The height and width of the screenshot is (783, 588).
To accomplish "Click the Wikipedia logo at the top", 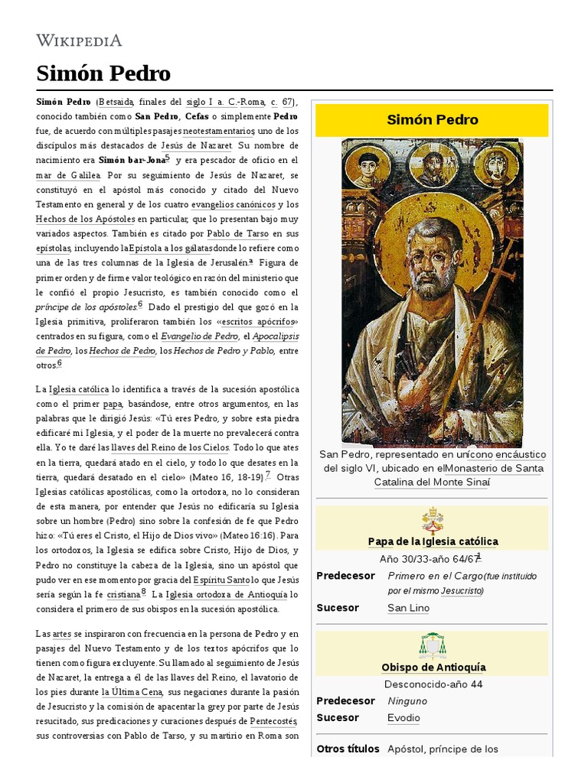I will (79, 41).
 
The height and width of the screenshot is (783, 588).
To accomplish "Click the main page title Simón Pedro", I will (103, 73).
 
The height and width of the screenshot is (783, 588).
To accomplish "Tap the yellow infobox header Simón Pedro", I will (432, 120).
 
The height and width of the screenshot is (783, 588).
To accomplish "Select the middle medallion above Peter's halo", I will (433, 162).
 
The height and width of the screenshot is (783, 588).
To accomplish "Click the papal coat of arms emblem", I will (433, 520).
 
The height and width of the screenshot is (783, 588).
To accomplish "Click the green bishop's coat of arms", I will (433, 646).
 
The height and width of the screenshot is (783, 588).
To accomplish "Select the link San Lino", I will (408, 608).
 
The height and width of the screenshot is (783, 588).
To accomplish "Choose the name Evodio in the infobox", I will (403, 718).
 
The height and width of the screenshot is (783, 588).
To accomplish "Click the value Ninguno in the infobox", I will (407, 701).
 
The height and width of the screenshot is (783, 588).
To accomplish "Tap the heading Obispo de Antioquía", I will (433, 668).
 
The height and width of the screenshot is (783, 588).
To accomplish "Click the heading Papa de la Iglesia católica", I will (433, 541).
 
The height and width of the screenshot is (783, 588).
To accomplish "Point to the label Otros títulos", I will (348, 749).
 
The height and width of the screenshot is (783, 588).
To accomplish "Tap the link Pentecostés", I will (273, 721).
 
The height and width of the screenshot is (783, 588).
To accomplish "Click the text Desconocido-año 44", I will (433, 684).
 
